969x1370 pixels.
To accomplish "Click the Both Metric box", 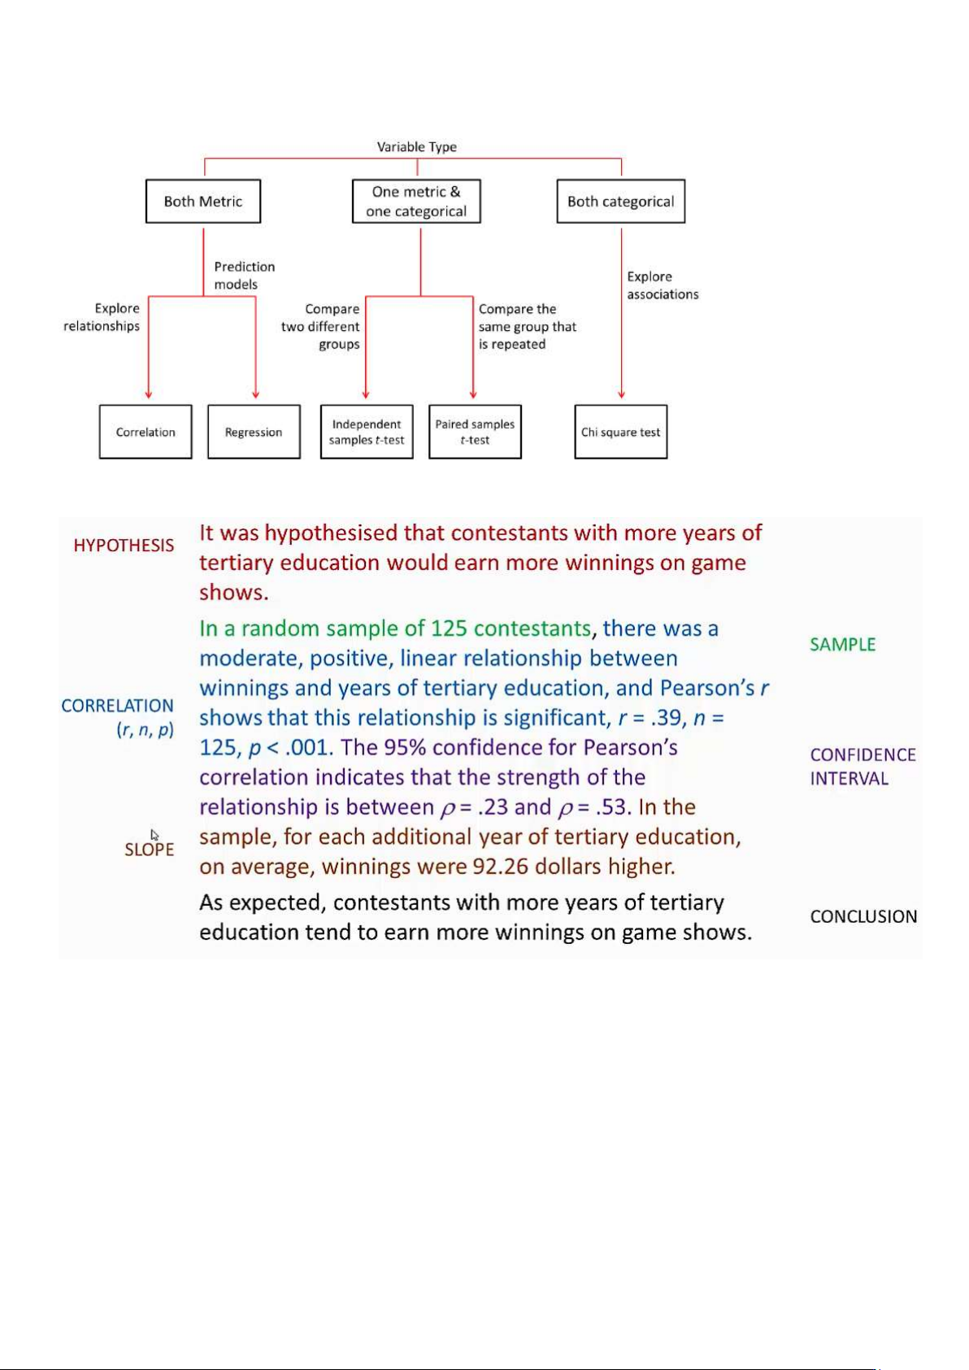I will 203,202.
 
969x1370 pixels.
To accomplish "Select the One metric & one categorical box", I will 416,202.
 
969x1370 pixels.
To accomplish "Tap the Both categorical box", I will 621,202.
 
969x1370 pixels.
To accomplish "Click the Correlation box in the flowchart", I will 146,432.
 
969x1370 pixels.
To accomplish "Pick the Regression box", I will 254,432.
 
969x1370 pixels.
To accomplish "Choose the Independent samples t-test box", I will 367,432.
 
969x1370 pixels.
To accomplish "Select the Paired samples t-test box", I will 475,432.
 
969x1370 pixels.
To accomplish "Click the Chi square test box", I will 621,432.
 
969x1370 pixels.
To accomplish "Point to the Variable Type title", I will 416,147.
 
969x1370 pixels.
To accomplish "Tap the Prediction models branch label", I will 244,276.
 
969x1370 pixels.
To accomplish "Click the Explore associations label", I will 662,285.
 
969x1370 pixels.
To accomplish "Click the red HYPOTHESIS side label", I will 124,546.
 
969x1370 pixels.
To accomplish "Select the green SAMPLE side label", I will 842,645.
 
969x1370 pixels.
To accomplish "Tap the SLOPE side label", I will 150,850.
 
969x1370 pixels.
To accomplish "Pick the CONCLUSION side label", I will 863,916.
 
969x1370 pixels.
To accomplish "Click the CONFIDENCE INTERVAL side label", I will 863,767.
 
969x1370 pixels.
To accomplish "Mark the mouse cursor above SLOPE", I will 154,834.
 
